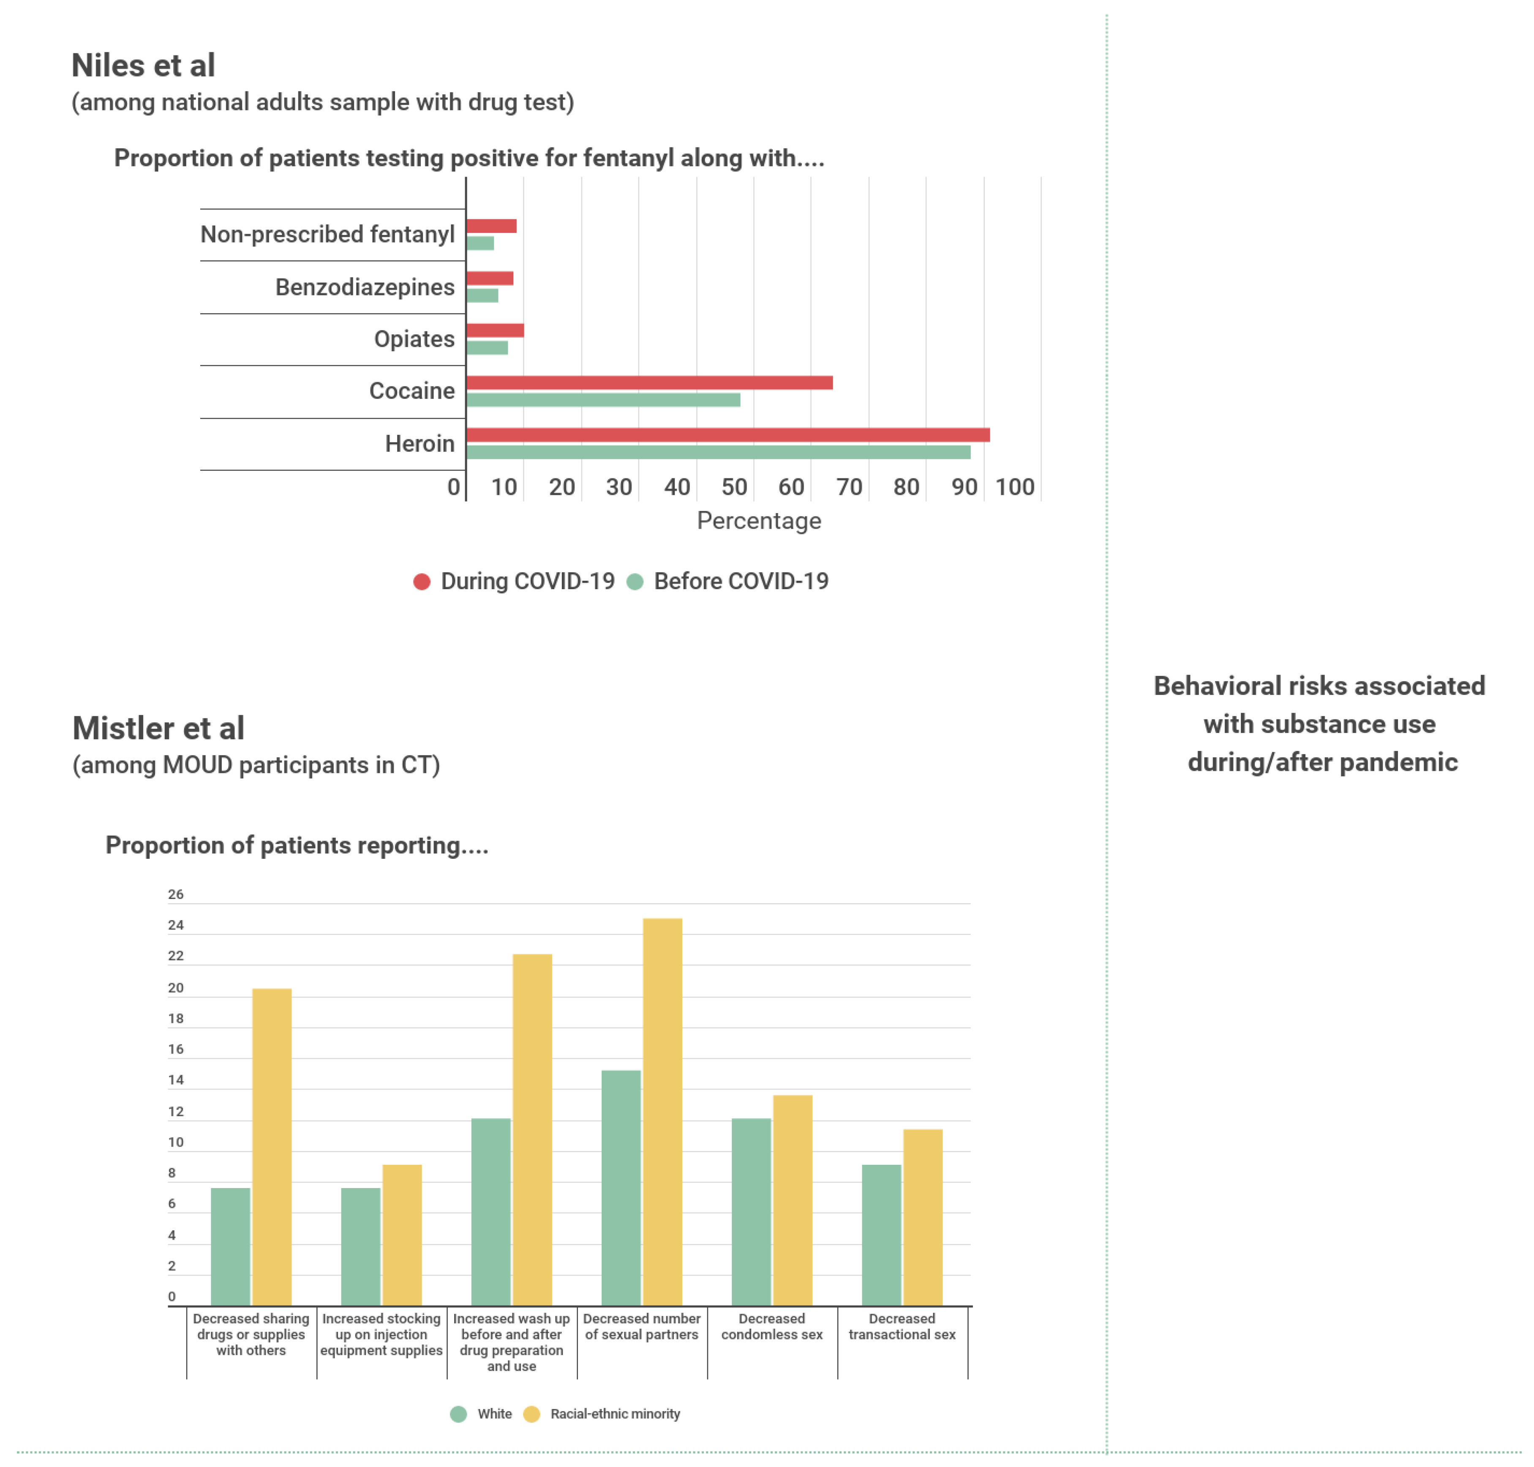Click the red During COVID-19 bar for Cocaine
click(x=649, y=382)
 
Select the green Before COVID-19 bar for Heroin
click(x=718, y=452)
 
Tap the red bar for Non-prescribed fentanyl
click(x=491, y=226)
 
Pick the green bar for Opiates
click(x=487, y=347)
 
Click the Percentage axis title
click(x=758, y=521)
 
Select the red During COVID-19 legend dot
click(x=422, y=582)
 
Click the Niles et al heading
click(x=143, y=66)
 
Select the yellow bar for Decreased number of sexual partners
click(x=662, y=1110)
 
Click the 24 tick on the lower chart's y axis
click(x=176, y=925)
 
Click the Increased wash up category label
click(x=511, y=1342)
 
